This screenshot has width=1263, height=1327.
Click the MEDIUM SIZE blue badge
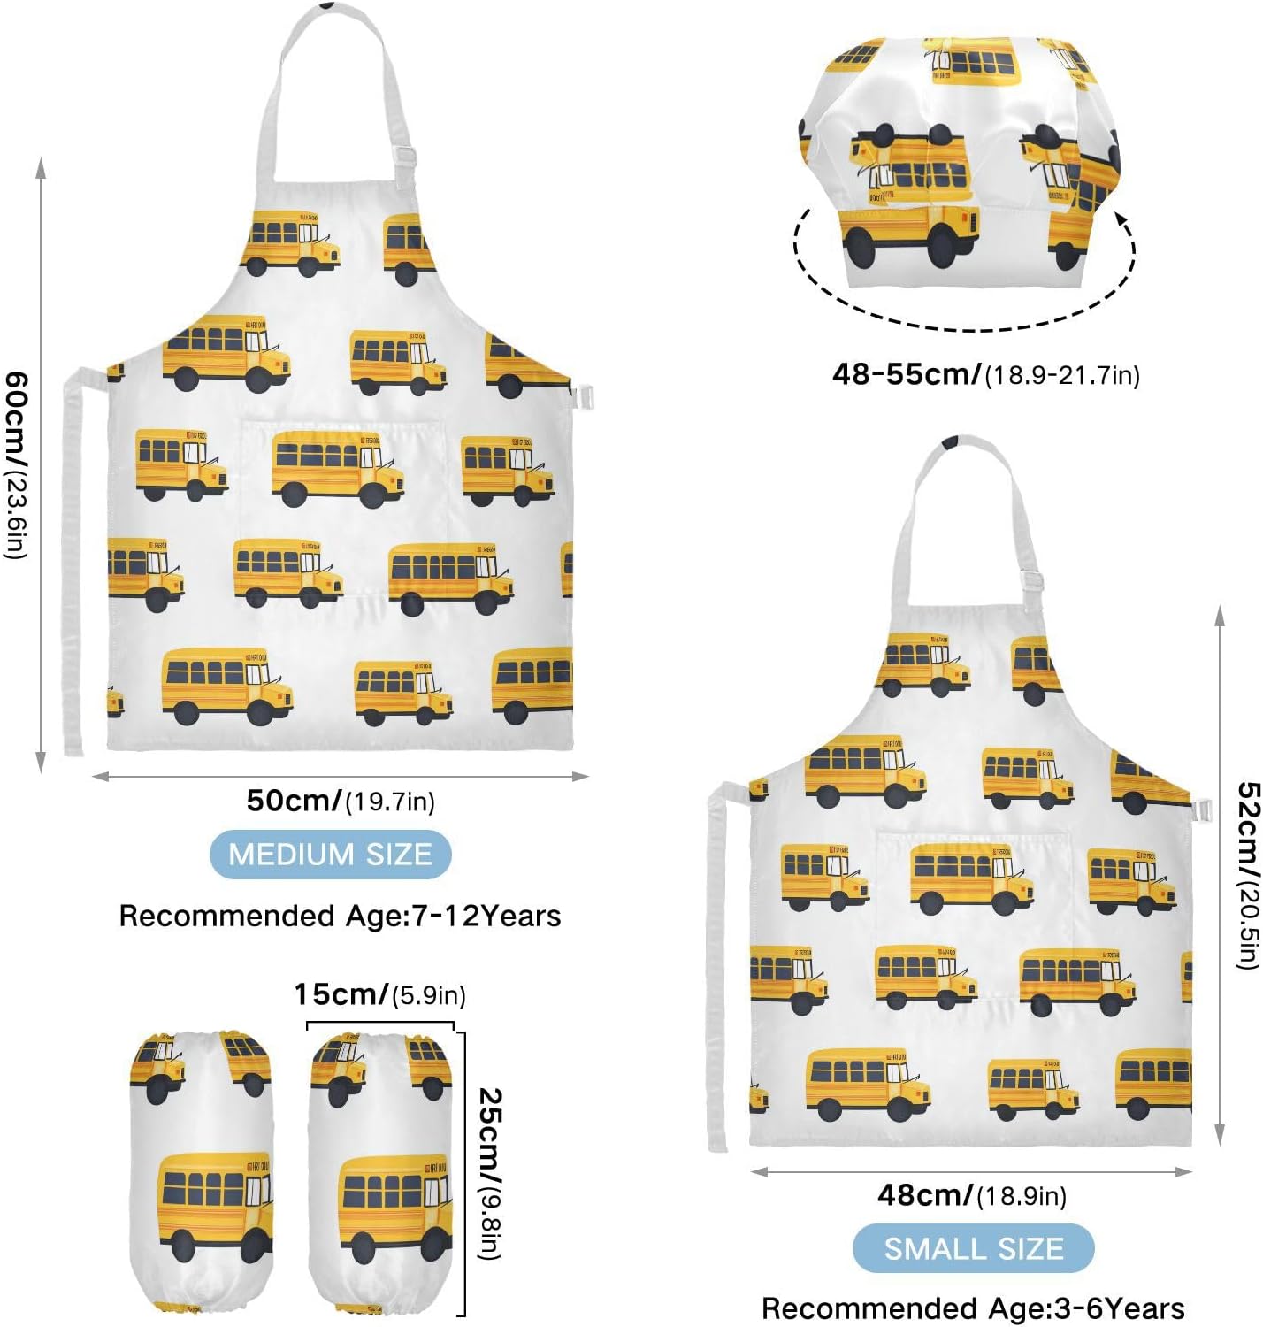330,855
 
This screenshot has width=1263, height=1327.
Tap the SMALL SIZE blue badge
973,1248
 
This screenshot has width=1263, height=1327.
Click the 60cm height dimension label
17,464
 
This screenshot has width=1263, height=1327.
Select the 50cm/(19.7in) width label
341,802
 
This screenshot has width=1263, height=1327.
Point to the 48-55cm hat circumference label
985,374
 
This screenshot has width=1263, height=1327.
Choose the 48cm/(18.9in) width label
971,1196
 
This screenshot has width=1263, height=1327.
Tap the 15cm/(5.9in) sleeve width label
379,994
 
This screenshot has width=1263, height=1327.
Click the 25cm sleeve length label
489,1172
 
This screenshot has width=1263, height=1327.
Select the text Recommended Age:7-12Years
340,916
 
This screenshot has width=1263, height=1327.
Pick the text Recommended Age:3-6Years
973,1308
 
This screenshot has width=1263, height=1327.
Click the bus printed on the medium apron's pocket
337,468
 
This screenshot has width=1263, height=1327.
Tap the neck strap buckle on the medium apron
405,157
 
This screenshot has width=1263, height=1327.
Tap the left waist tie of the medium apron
72,566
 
